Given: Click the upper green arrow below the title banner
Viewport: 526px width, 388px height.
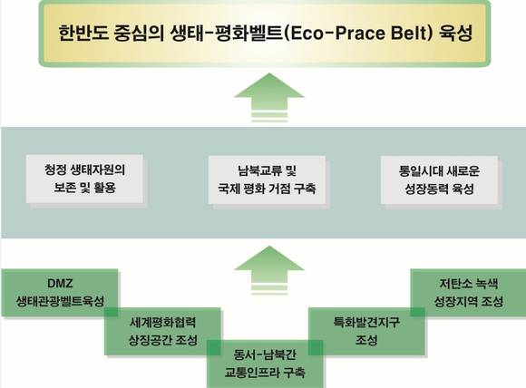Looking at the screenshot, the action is tap(269, 97).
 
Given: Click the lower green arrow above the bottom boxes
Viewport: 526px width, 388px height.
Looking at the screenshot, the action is tap(269, 269).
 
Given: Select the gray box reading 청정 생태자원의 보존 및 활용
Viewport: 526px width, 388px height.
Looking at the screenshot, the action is tap(84, 179).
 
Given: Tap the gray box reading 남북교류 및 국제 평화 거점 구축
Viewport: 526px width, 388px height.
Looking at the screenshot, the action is tap(267, 179).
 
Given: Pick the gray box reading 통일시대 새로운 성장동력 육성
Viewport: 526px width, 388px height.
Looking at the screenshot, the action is tap(439, 179).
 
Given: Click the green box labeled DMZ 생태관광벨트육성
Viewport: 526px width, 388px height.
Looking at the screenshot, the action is tap(60, 293).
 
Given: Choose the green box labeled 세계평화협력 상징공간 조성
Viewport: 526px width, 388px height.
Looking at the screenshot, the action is tap(162, 331).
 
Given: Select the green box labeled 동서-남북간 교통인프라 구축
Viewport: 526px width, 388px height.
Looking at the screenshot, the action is tap(265, 364).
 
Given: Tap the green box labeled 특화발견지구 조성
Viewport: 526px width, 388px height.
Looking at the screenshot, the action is tap(366, 331).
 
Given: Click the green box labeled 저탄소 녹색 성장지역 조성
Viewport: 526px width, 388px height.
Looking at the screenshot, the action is tap(468, 293).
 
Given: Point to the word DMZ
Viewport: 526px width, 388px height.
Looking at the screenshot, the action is tap(60, 284).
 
